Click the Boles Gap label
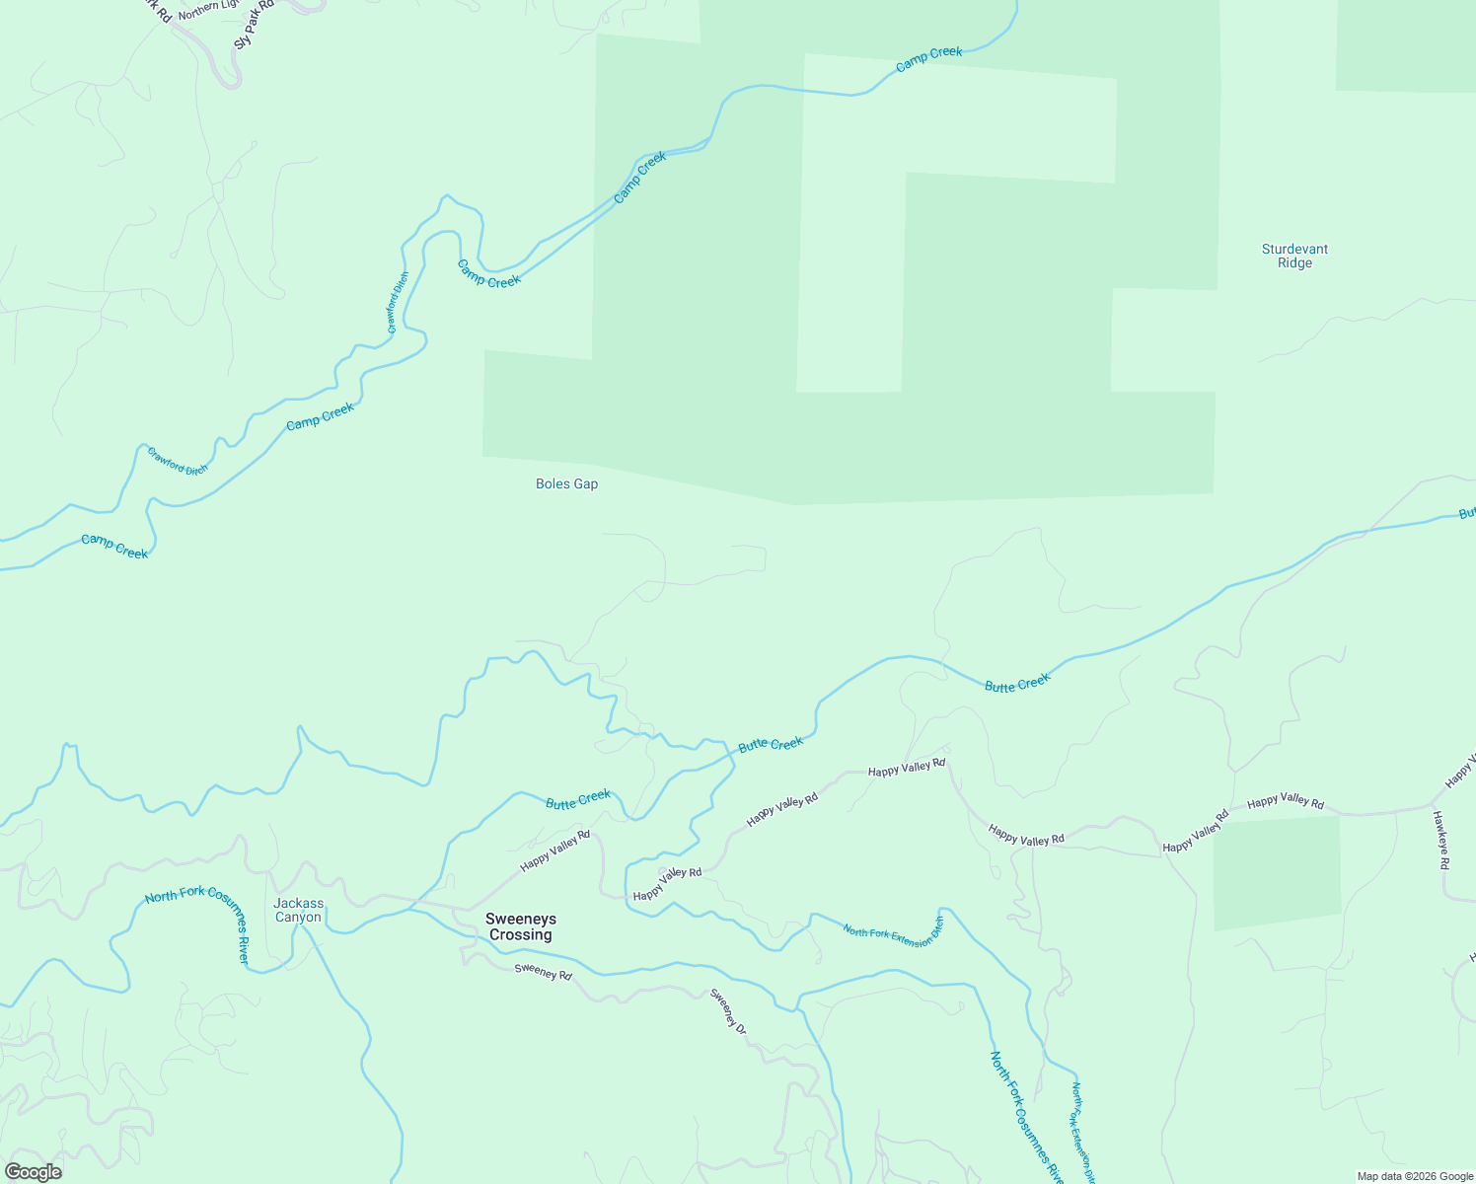coord(566,484)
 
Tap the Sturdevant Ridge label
coord(1294,257)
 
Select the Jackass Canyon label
coord(298,910)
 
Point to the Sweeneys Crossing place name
coord(520,926)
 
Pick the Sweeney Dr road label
coord(729,1011)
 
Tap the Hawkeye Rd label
coord(1440,840)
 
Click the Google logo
coord(33,1172)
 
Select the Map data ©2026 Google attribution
coord(1413,1176)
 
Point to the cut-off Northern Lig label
coord(208,9)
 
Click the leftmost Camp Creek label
coord(114,547)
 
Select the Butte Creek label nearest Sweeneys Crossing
coord(578,799)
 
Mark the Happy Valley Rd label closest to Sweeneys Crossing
coord(555,850)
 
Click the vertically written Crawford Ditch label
coord(398,302)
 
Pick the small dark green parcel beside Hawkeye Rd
coord(1277,870)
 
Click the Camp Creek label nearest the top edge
coord(928,58)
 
